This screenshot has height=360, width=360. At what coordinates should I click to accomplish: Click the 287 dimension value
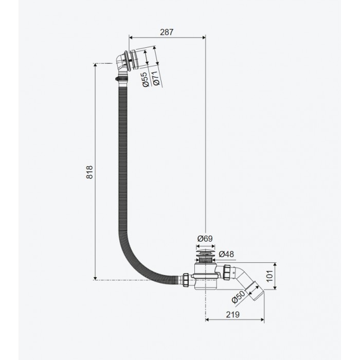167,32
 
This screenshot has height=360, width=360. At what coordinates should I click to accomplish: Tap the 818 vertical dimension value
89,172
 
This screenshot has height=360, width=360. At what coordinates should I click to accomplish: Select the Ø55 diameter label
146,79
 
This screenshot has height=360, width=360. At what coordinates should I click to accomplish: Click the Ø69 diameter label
205,239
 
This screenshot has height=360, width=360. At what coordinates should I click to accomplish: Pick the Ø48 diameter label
226,254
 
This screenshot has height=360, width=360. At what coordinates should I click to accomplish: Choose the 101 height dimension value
270,276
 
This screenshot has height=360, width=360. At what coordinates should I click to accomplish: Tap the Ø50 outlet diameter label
238,297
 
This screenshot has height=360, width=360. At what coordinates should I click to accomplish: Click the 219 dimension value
232,315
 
